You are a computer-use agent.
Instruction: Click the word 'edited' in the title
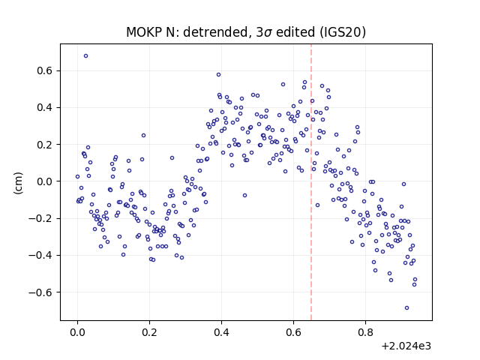pyautogui.click(x=295, y=31)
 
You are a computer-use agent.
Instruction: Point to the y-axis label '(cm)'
pyautogui.click(x=18, y=182)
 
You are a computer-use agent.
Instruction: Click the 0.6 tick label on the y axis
pyautogui.click(x=45, y=71)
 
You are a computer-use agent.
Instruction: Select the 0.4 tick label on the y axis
pyautogui.click(x=45, y=108)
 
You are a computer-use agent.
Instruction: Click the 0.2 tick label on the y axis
pyautogui.click(x=45, y=145)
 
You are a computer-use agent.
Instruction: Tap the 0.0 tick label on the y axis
pyautogui.click(x=45, y=181)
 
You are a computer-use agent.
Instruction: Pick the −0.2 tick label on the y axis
pyautogui.click(x=40, y=218)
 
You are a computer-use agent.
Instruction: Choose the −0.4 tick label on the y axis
pyautogui.click(x=40, y=255)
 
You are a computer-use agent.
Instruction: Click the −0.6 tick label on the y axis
pyautogui.click(x=40, y=292)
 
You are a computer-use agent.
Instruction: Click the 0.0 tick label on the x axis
pyautogui.click(x=78, y=332)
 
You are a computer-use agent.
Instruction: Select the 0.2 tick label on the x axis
pyautogui.click(x=150, y=332)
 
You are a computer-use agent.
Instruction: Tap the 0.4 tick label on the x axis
pyautogui.click(x=222, y=332)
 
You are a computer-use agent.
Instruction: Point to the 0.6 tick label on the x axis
pyautogui.click(x=293, y=332)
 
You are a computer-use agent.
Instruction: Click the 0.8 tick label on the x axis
pyautogui.click(x=365, y=332)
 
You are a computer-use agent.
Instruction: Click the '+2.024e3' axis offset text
pyautogui.click(x=406, y=346)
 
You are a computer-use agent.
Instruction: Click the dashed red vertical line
pyautogui.click(x=311, y=182)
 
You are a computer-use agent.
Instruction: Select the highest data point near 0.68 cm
pyautogui.click(x=86, y=56)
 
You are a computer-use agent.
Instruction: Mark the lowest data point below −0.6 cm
pyautogui.click(x=406, y=308)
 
